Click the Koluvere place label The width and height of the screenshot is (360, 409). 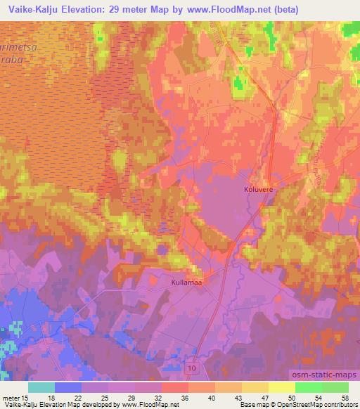pyautogui.click(x=258, y=189)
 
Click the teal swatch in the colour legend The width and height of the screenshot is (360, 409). pyautogui.click(x=41, y=387)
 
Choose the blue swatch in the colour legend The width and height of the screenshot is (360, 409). pyautogui.click(x=68, y=387)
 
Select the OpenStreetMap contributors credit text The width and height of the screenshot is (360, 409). pyautogui.click(x=309, y=405)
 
